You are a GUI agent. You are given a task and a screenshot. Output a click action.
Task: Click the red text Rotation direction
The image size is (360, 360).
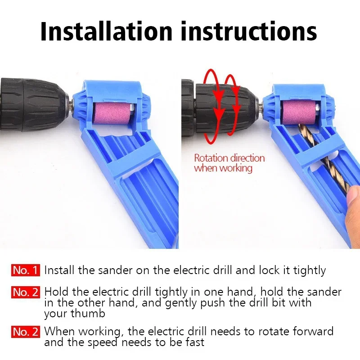229,158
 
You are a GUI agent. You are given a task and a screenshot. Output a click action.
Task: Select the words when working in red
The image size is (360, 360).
223,168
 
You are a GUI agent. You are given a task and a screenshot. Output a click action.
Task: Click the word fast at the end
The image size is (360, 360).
194,342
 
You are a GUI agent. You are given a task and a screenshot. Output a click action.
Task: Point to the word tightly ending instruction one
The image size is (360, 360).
309,270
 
